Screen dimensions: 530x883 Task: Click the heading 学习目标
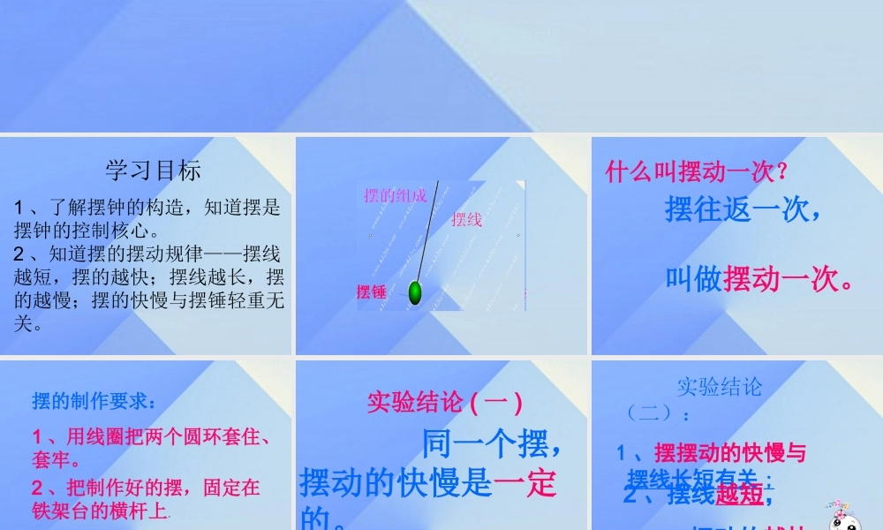click(x=154, y=170)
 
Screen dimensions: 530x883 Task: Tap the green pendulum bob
click(x=415, y=291)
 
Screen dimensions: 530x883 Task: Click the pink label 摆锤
click(x=372, y=291)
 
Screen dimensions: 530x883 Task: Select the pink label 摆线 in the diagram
click(x=467, y=219)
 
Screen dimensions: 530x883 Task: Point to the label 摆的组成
click(x=395, y=195)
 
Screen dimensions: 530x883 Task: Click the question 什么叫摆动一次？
click(x=697, y=170)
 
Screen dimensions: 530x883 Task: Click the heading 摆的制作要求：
click(x=95, y=402)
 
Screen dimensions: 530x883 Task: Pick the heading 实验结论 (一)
click(x=445, y=403)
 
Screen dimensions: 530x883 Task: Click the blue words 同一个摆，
click(x=493, y=443)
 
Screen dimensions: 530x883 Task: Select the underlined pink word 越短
click(x=740, y=495)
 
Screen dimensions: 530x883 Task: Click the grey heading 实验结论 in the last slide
click(x=719, y=386)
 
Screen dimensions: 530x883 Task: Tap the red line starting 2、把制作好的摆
click(x=147, y=487)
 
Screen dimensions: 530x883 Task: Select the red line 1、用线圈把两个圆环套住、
click(x=150, y=436)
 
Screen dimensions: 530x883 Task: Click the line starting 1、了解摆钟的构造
click(x=147, y=208)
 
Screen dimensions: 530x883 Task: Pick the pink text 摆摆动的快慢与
click(x=730, y=453)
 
